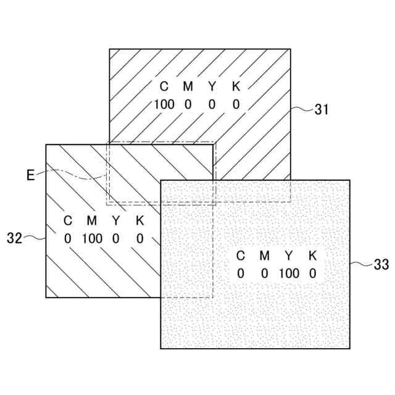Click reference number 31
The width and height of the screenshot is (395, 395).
pos(321,110)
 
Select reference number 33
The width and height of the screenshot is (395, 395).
pos(381,265)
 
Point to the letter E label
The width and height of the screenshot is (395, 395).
pos(30,175)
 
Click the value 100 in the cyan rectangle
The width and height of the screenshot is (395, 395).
pos(164,104)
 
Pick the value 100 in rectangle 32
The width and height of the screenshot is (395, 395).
pos(91,238)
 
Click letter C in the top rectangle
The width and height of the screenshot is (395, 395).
pos(164,86)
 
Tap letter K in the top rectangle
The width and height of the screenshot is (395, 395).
pos(236,86)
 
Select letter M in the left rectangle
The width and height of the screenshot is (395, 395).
pos(91,220)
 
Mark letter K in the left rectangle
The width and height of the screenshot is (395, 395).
pos(139,220)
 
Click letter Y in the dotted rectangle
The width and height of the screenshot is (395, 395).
pos(288,256)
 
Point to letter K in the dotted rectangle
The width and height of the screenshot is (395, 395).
pos(312,256)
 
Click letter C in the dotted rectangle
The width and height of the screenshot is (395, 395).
pos(241,256)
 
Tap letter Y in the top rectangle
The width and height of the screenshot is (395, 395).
pos(212,86)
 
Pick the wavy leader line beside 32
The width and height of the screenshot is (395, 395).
pos(35,237)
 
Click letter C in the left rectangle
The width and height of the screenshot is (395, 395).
pos(68,220)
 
